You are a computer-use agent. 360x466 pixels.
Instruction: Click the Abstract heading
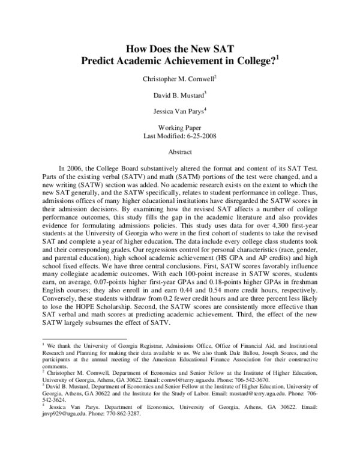179,153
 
